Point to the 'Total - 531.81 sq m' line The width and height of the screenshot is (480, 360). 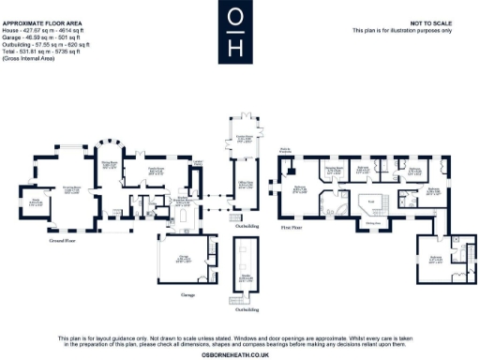pyautogui.click(x=45, y=51)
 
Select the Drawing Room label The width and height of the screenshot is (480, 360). pyautogui.click(x=72, y=188)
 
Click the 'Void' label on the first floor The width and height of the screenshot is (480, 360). pyautogui.click(x=369, y=203)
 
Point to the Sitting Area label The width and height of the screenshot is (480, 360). pyautogui.click(x=372, y=223)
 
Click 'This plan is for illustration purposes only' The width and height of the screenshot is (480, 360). pyautogui.click(x=404, y=31)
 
